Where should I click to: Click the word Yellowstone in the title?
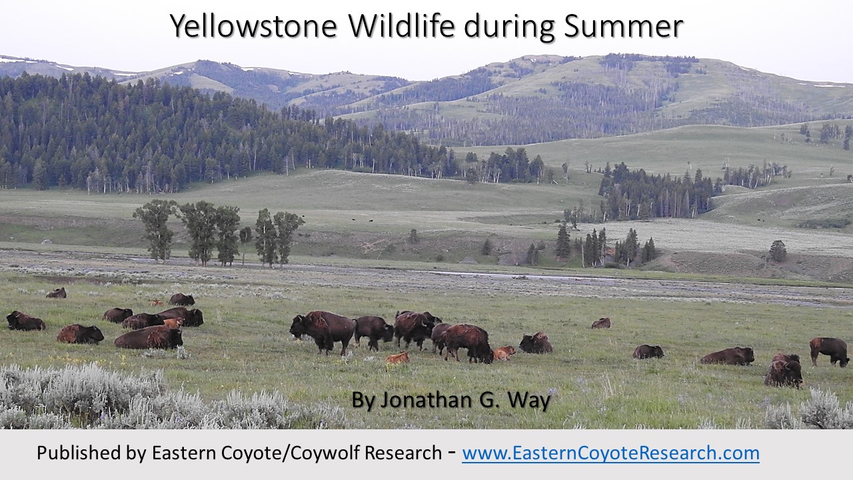click(254, 26)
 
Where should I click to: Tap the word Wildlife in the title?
click(402, 25)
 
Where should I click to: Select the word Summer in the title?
click(624, 27)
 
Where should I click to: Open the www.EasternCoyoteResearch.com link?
click(611, 453)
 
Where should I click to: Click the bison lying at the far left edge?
click(25, 321)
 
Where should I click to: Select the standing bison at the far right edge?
click(828, 351)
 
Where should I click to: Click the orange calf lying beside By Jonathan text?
click(397, 358)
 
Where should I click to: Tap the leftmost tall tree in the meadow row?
click(155, 229)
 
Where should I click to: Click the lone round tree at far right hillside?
click(778, 251)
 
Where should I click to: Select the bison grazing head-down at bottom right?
click(784, 371)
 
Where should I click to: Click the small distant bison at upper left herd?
click(57, 293)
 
